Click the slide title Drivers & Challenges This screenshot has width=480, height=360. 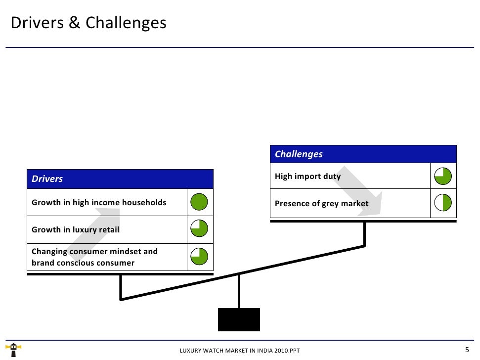88,23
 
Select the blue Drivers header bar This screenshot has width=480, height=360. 120,179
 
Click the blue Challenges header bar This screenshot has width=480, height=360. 363,154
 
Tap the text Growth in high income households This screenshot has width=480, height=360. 99,202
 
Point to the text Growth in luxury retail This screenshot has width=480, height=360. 75,229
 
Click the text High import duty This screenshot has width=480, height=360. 307,176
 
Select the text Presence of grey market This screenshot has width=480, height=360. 321,203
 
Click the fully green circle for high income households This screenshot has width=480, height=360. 199,202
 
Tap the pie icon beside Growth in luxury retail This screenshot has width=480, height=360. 199,229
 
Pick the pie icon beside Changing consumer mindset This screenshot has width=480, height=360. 199,257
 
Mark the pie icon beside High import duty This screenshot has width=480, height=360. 443,176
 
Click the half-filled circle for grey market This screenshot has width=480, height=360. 443,203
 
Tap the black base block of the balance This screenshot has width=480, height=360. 239,319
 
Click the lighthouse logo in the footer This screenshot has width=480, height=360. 14,349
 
